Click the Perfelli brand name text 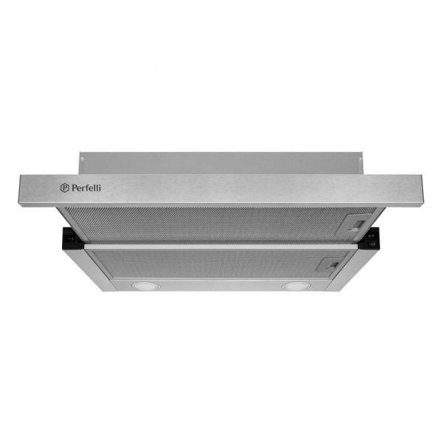coord(87,188)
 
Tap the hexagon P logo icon coord(64,188)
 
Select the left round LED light coord(141,285)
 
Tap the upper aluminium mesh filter coord(214,221)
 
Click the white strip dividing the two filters coord(221,243)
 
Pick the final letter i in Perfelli coord(100,188)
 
